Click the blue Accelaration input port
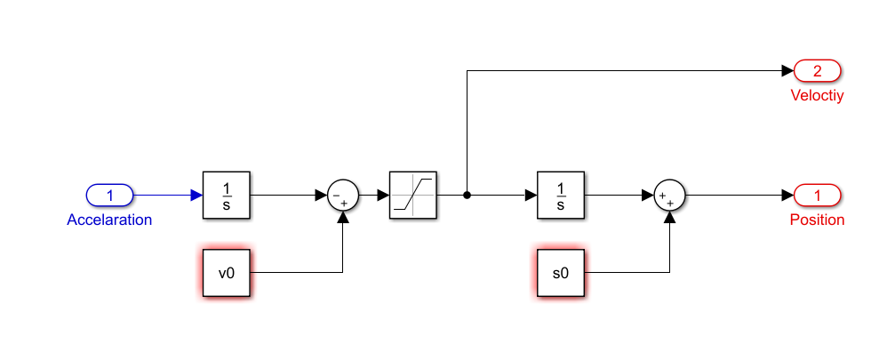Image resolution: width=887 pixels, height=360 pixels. click(109, 196)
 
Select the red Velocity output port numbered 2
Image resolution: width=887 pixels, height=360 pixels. click(818, 71)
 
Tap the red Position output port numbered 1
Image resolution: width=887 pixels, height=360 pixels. click(818, 196)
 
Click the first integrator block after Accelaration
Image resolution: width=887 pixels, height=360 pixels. click(227, 196)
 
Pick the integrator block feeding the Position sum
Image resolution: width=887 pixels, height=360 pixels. click(561, 196)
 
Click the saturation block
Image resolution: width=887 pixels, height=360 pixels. click(413, 196)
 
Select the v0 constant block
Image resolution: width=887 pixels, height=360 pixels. click(227, 273)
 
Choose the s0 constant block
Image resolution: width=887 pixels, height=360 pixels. click(561, 273)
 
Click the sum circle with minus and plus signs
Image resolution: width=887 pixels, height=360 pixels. click(343, 196)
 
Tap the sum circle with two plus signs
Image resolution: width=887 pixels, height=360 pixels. click(670, 196)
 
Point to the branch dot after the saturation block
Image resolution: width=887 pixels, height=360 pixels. click(467, 196)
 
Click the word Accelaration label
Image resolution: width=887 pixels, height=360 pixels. click(109, 220)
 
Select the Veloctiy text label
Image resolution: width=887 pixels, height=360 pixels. click(818, 96)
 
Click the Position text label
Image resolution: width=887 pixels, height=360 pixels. click(818, 220)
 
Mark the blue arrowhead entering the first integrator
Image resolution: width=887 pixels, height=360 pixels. click(196, 196)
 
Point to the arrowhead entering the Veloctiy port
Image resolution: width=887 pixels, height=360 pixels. click(787, 71)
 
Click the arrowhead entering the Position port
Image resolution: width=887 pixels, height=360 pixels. click(787, 196)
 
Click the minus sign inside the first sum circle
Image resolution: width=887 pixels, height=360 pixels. click(337, 196)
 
